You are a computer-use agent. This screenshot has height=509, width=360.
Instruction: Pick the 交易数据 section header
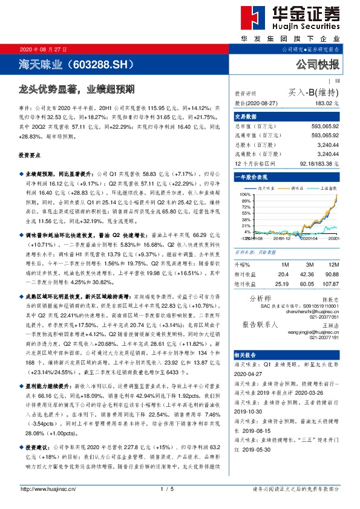246,117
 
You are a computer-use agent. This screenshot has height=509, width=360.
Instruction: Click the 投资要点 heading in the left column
31,156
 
